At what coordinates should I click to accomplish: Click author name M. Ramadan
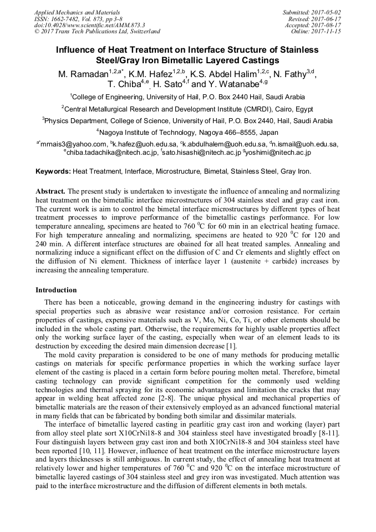pyautogui.click(x=82, y=74)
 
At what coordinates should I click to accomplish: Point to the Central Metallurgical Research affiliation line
pyautogui.click(x=187, y=109)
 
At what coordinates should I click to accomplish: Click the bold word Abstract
pyautogui.click(x=50, y=190)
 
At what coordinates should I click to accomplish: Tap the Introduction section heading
pyautogui.click(x=56, y=290)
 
